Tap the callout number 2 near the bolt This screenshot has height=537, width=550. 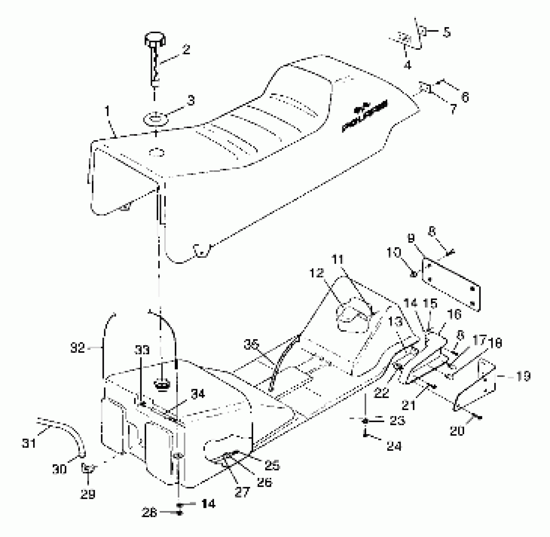click(x=187, y=50)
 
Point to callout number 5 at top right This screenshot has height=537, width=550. click(x=446, y=33)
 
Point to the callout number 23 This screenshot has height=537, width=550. click(x=397, y=421)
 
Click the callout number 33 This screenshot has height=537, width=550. click(x=142, y=351)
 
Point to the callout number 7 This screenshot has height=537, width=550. click(x=453, y=110)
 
